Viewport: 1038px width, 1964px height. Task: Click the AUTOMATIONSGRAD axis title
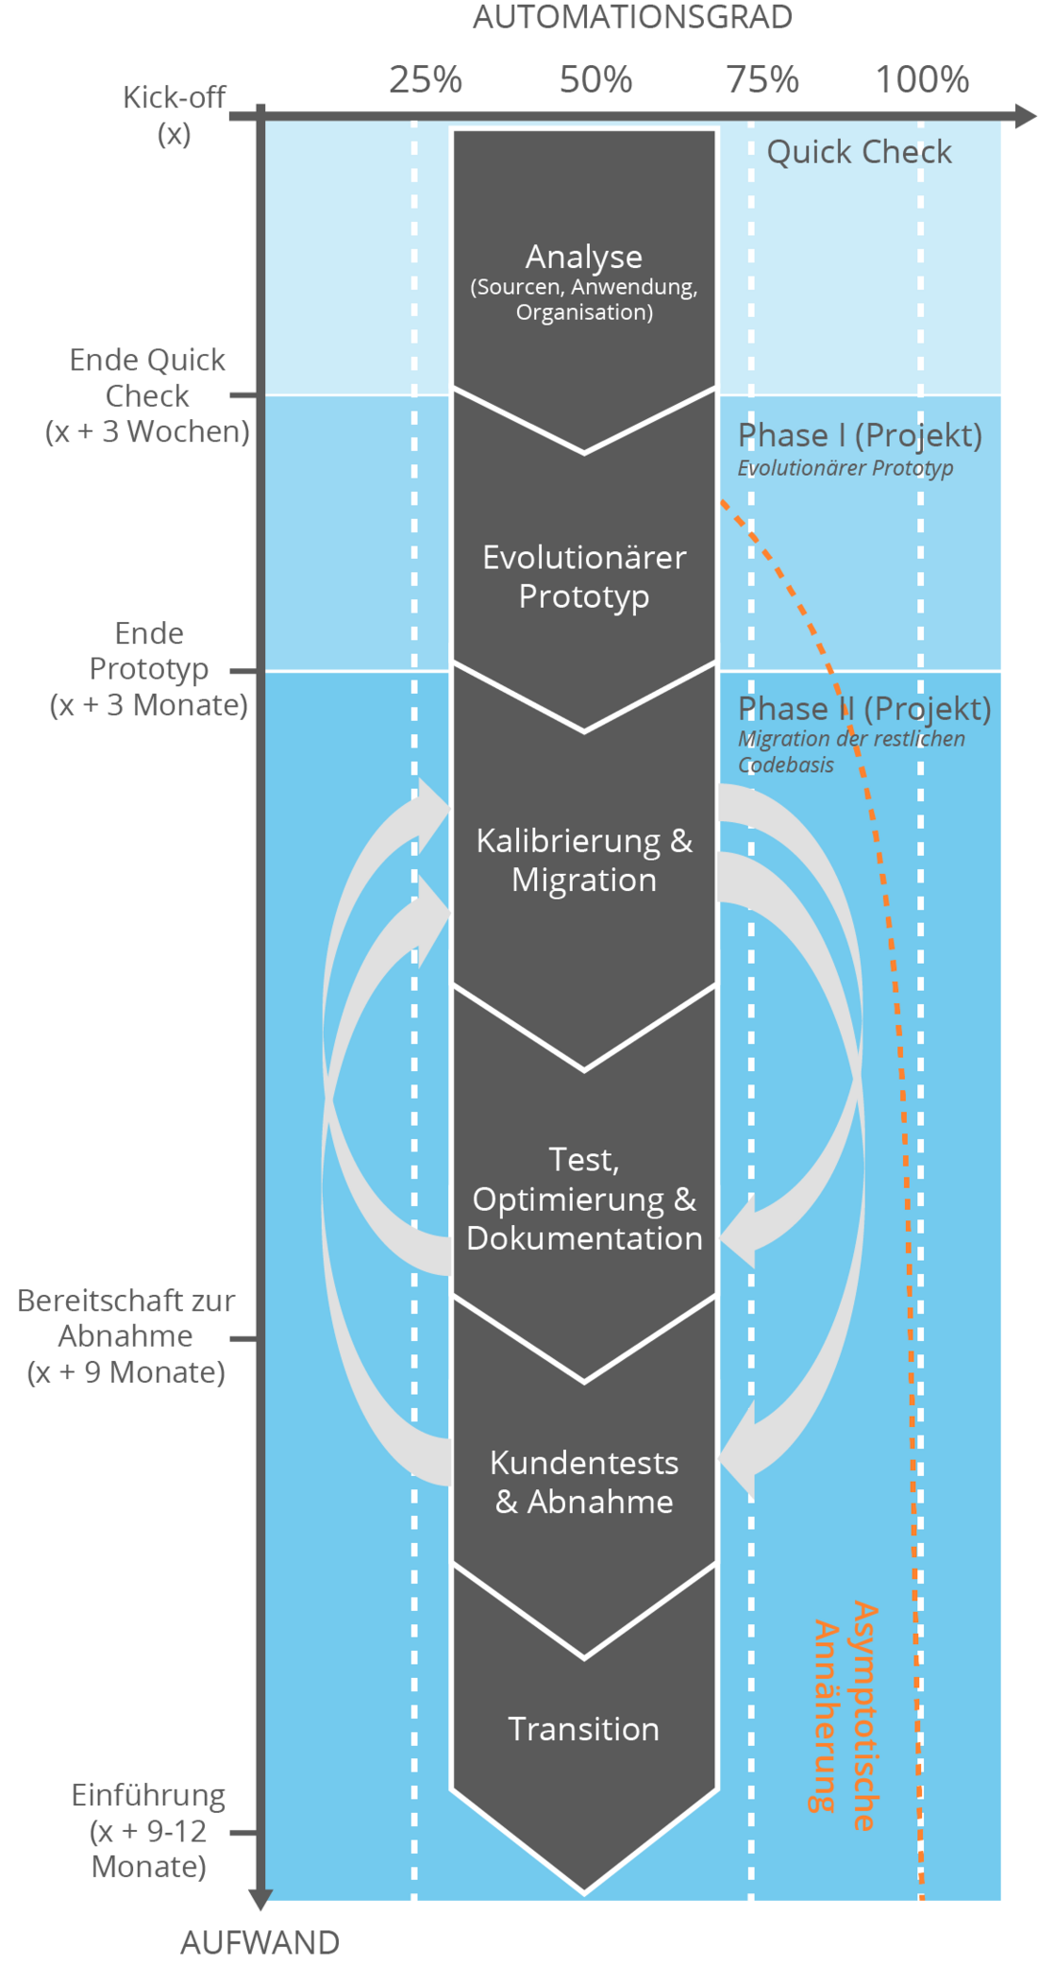coord(631,17)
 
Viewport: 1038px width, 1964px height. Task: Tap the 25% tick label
coord(426,79)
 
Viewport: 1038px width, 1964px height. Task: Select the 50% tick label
coord(595,79)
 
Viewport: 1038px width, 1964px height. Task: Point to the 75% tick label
coord(762,79)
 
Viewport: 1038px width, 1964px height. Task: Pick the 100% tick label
coord(922,79)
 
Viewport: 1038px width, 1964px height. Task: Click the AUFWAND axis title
coord(259,1942)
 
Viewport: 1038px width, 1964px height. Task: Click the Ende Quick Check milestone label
coord(148,395)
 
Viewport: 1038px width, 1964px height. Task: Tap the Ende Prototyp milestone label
coord(149,669)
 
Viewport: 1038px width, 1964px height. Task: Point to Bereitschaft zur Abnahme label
coord(126,1336)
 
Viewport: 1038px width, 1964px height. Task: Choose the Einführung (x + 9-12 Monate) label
coord(149,1831)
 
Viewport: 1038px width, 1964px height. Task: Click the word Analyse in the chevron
coord(584,257)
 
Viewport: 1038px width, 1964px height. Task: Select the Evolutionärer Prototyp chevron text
coord(584,577)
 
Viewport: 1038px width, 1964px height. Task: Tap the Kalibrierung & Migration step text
coord(584,860)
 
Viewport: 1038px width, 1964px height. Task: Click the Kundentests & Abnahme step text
coord(584,1482)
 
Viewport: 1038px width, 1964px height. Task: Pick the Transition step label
coord(584,1729)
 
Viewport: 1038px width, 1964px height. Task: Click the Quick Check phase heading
coord(859,152)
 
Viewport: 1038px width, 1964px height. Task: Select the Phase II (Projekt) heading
coord(864,708)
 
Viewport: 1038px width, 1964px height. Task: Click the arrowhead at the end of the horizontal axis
coord(1027,116)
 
